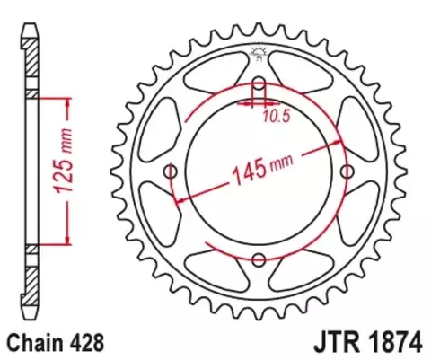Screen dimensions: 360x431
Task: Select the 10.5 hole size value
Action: pos(276,116)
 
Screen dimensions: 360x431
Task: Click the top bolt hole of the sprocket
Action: pos(259,86)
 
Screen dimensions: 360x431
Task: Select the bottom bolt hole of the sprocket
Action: pos(259,259)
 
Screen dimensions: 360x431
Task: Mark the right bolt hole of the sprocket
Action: pos(346,172)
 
